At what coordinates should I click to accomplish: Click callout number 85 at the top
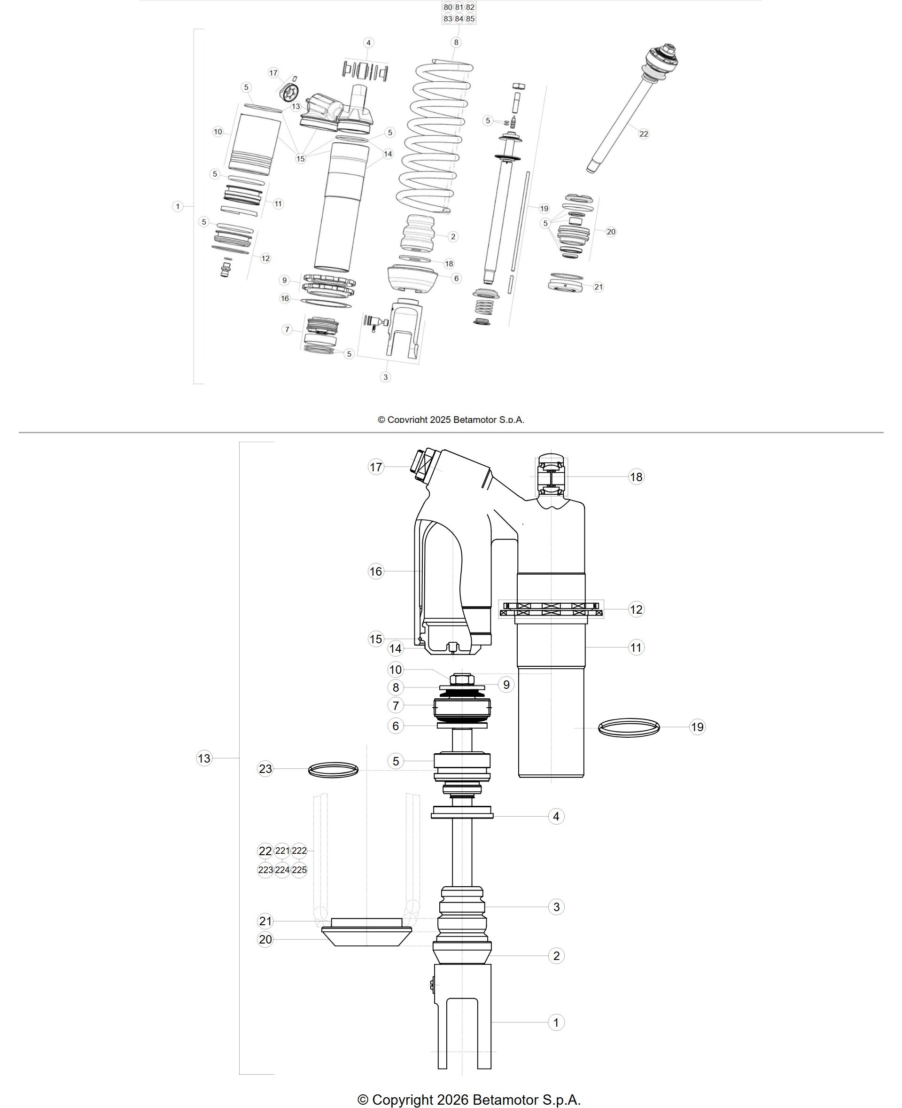pos(470,19)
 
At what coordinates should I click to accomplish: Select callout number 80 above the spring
pos(448,7)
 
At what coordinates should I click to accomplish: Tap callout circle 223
pos(265,870)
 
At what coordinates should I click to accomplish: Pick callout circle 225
pos(299,870)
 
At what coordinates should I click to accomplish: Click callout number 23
pos(265,769)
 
